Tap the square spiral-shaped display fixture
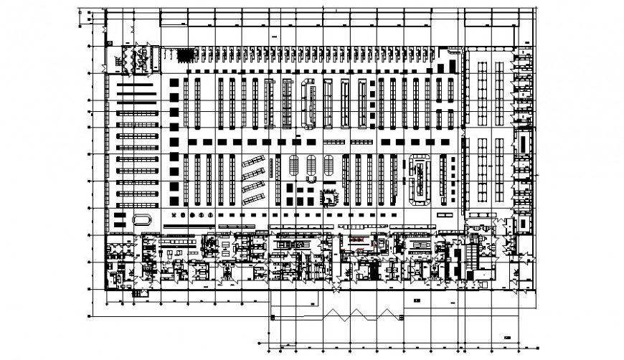point(330,195)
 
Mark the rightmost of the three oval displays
point(328,166)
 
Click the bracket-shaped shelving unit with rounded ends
point(310,101)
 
